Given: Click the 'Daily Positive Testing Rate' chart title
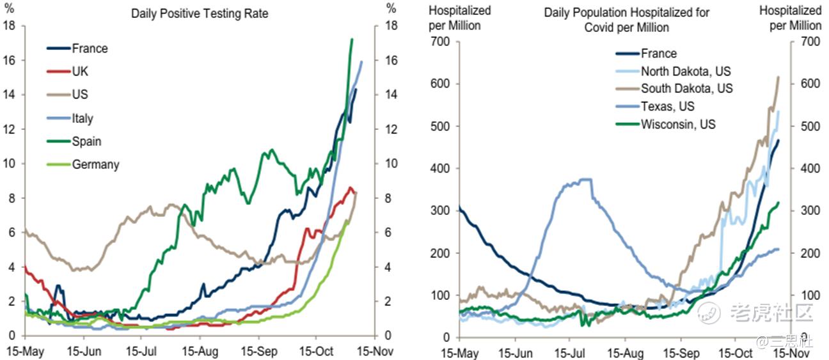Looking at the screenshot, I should pyautogui.click(x=200, y=13).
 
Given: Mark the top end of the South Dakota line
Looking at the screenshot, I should pyautogui.click(x=778, y=77).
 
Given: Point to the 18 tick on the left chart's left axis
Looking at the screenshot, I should pyautogui.click(x=9, y=26).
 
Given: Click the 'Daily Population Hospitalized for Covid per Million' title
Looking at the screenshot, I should pyautogui.click(x=626, y=20).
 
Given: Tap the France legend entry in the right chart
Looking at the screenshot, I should pyautogui.click(x=659, y=54).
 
